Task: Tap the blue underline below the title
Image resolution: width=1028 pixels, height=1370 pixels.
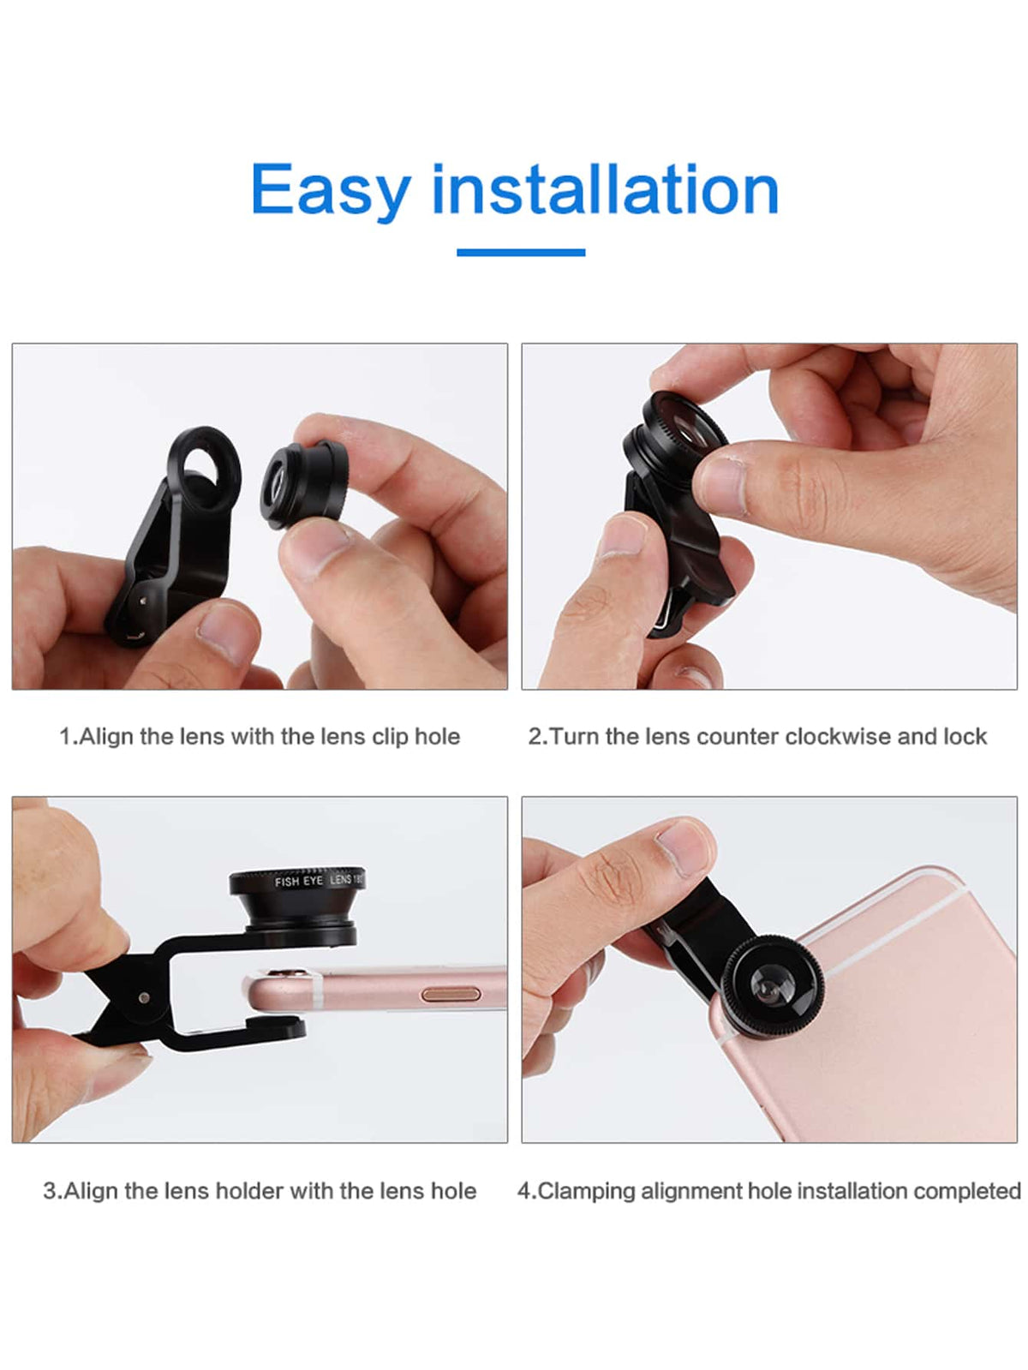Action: [520, 252]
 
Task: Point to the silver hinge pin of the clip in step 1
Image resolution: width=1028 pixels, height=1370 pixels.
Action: [143, 601]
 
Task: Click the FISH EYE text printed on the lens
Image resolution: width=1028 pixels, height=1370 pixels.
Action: [299, 882]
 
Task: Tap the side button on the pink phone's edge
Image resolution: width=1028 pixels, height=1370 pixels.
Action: [451, 994]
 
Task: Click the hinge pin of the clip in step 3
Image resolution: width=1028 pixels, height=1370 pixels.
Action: [144, 997]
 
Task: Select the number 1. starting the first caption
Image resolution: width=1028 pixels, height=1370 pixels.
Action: [69, 737]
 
